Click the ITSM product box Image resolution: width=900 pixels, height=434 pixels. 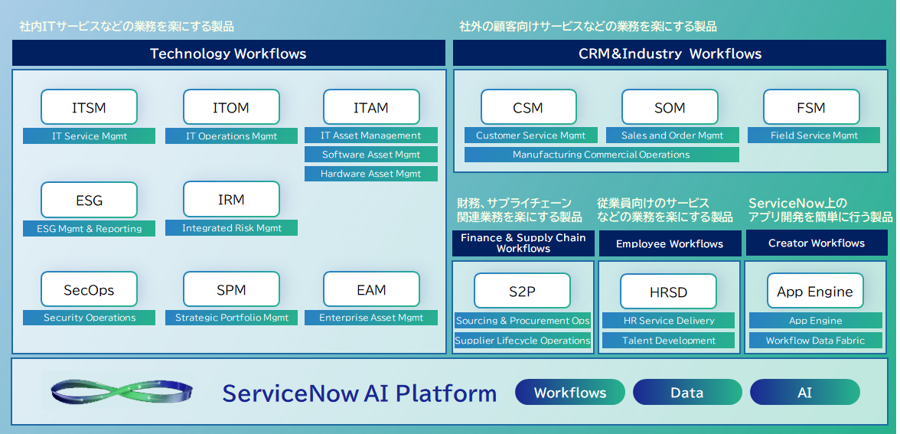pos(89,107)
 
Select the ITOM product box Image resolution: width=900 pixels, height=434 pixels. pos(231,107)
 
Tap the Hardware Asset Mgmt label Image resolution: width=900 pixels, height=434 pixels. pos(371,174)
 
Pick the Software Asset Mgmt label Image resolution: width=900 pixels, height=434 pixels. pos(371,155)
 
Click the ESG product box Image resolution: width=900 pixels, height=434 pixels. pos(89,201)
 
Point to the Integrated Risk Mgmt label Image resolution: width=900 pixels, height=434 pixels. pos(231,228)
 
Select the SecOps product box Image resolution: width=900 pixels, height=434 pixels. pos(89,290)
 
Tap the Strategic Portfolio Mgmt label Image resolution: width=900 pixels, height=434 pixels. pos(231,318)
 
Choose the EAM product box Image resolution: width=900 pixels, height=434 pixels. pos(371,290)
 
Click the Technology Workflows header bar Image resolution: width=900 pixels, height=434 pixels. pos(228,54)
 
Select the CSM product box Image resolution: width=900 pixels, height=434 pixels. pos(528,107)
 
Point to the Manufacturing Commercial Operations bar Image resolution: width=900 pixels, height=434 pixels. pos(602,155)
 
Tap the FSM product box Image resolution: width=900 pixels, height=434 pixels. pos(810,107)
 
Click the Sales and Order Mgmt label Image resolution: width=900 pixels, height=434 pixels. pos(673,135)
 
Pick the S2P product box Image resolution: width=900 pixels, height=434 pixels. pos(523,291)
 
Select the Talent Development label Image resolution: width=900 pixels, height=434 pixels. pos(669,341)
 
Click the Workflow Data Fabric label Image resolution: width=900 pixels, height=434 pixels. pos(815,341)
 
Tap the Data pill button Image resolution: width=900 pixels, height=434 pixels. pos(686,393)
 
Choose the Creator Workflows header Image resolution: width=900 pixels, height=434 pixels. pos(816,243)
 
